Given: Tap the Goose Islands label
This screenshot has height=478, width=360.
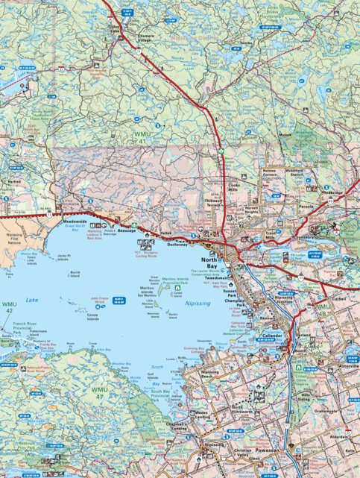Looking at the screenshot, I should click(92, 316).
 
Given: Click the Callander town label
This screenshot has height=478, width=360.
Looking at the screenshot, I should click(271, 336).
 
